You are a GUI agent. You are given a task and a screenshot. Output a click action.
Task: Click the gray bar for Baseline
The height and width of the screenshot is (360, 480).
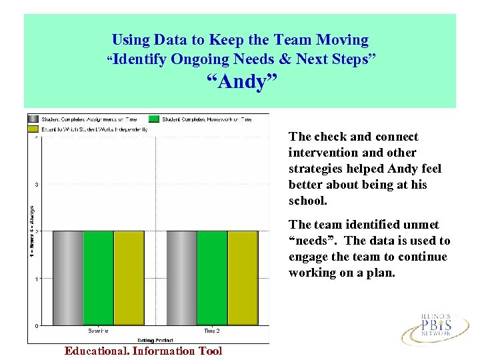68,278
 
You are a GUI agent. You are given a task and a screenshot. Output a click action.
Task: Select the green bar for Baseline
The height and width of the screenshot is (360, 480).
98,278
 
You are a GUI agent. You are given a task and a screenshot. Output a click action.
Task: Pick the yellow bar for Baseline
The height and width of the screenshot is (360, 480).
129,278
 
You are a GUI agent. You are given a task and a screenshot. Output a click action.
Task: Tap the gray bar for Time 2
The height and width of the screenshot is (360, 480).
181,278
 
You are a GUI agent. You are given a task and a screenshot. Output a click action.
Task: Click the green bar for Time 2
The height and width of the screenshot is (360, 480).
212,278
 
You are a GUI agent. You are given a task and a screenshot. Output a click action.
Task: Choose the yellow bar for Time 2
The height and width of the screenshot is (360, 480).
243,278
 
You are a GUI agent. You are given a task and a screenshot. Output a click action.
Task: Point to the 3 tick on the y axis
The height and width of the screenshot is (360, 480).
35,185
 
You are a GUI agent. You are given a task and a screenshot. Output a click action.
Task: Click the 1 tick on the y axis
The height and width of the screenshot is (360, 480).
35,279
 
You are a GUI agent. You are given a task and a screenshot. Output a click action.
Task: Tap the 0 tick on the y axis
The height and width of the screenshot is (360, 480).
35,325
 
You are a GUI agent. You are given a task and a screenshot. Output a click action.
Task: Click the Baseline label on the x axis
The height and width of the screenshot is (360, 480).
98,331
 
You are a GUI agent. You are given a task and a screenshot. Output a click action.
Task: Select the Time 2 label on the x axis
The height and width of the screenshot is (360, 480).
211,331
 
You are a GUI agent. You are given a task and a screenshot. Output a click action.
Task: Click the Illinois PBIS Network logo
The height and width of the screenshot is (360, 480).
426,326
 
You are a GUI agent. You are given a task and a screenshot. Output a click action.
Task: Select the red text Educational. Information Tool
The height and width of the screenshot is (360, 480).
143,351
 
